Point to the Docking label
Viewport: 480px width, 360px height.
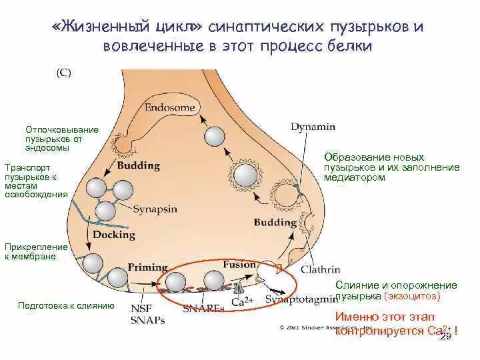coord(114,235)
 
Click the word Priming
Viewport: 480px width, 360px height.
coord(147,267)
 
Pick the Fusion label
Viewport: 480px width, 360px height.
coord(239,264)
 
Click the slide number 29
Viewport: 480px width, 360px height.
coord(446,338)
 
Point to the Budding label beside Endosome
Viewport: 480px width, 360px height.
coord(138,165)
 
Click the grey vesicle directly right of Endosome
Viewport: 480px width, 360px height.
coord(215,136)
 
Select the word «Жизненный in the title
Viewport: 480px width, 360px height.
coord(100,29)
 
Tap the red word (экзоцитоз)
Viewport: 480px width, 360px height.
coord(412,295)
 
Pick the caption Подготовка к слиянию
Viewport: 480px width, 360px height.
coord(66,306)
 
